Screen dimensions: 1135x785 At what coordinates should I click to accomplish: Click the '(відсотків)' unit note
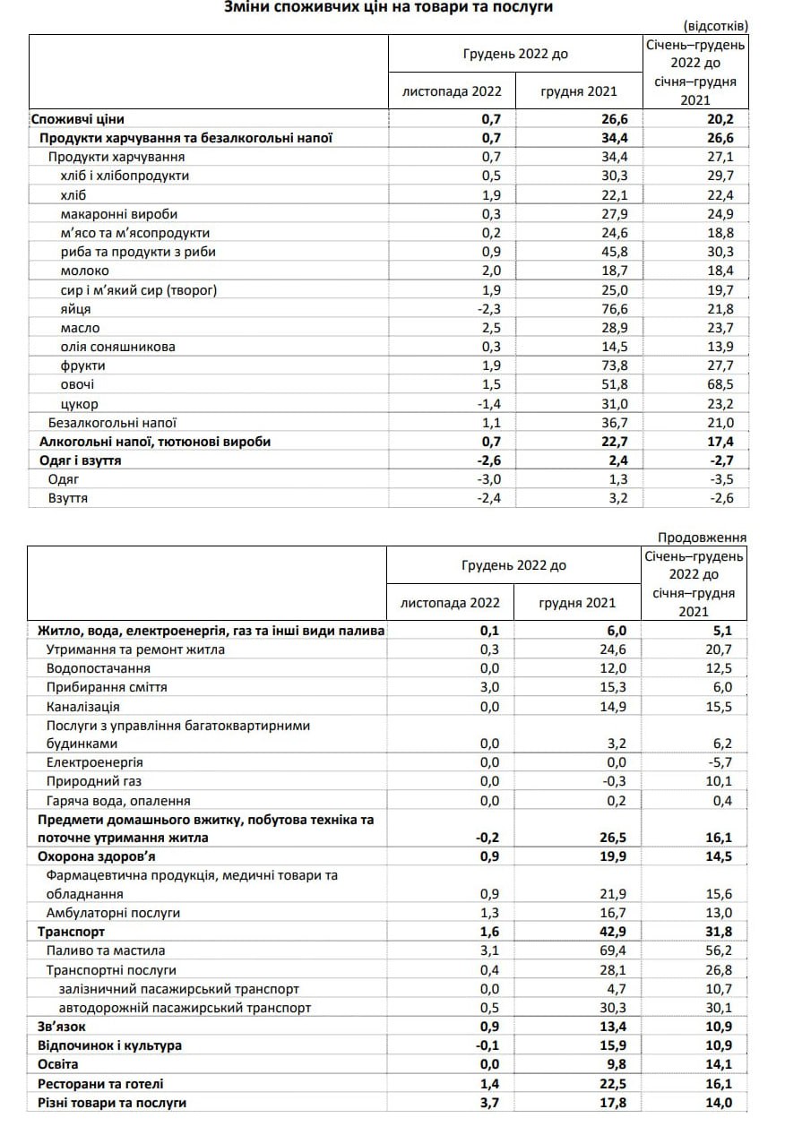click(714, 25)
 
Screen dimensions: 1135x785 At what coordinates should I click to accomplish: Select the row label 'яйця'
click(75, 308)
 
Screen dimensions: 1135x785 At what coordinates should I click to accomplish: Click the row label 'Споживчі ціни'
click(77, 118)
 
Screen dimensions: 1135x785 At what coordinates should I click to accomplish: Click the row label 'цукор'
click(79, 404)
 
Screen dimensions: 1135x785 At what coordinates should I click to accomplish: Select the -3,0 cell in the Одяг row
click(498, 479)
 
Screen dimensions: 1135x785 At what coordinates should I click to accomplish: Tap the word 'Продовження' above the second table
click(702, 537)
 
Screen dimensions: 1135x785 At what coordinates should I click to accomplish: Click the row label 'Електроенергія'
click(95, 762)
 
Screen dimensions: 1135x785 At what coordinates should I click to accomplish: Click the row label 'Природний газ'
click(93, 781)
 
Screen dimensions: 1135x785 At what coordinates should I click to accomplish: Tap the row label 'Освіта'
click(58, 1064)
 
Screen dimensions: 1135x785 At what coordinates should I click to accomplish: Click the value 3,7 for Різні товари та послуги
click(500, 1103)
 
